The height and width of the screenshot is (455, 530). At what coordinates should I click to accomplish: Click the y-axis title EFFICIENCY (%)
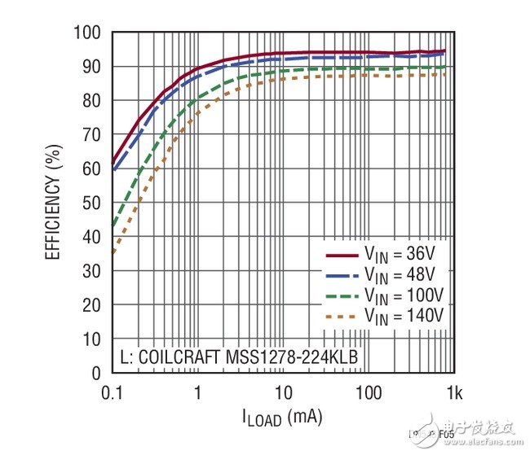click(x=54, y=203)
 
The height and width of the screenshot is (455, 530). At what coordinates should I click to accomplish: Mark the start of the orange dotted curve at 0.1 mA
click(x=113, y=253)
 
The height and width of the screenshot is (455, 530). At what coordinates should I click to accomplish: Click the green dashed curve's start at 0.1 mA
click(x=113, y=226)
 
